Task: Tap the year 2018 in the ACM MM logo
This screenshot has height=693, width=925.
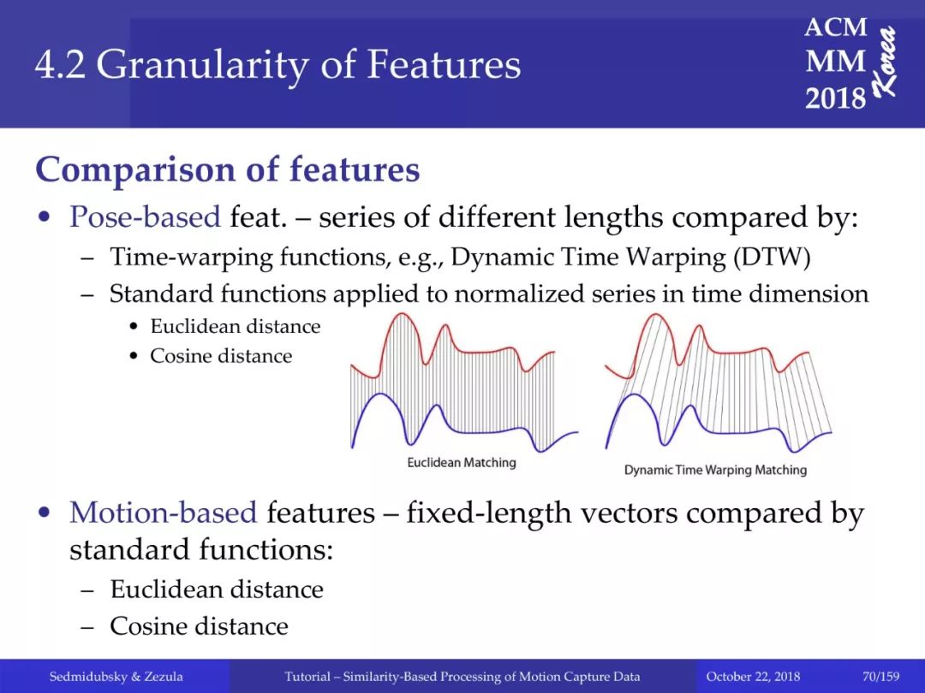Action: (835, 98)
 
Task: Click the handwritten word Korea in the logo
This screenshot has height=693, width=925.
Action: (885, 61)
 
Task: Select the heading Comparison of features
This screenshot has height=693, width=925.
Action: (228, 169)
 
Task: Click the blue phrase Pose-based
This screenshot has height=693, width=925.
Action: (145, 216)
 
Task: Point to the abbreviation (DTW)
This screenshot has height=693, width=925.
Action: (773, 258)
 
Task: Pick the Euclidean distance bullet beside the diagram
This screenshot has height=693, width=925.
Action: (235, 327)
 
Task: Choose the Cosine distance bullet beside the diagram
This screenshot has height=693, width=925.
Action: (221, 356)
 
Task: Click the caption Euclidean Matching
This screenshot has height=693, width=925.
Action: (462, 463)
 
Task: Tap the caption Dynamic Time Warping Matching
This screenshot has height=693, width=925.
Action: (715, 470)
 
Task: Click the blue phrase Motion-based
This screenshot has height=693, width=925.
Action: (164, 512)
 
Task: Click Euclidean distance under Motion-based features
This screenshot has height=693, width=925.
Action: (217, 589)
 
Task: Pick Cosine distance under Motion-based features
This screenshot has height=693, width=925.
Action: (199, 625)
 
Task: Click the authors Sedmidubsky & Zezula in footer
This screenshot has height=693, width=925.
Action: (116, 677)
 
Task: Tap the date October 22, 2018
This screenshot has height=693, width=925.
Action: (753, 677)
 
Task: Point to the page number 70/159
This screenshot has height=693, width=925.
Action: (880, 677)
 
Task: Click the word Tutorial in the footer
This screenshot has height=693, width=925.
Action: (307, 677)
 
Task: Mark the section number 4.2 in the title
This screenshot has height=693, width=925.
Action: (60, 66)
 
